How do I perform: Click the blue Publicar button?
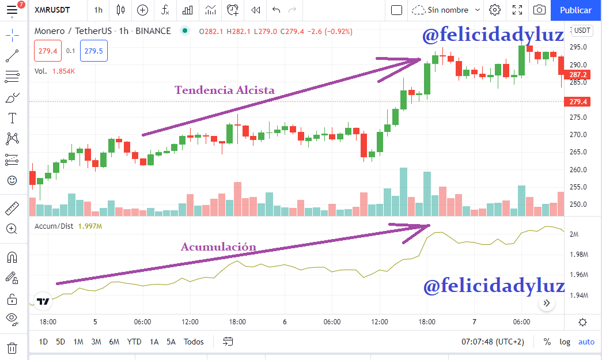(576, 10)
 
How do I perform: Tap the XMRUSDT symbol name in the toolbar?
(52, 10)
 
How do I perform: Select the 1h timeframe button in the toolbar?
(99, 10)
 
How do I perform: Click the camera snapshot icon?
(539, 10)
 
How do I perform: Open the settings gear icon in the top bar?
(495, 10)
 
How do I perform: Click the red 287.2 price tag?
(577, 74)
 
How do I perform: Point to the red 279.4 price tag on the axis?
(577, 102)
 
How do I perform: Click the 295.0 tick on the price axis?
(578, 47)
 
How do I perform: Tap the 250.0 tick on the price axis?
(578, 204)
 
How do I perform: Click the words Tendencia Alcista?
(225, 90)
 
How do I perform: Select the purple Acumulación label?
(218, 247)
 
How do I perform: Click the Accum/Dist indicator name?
(54, 226)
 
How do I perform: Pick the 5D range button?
(60, 342)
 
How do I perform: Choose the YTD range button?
(134, 342)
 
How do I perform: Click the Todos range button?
(194, 342)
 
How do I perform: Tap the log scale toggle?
(565, 342)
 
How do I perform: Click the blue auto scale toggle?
(586, 342)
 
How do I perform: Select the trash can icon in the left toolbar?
(12, 348)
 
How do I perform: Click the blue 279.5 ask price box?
(94, 51)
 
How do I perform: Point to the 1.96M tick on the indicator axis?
(578, 275)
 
